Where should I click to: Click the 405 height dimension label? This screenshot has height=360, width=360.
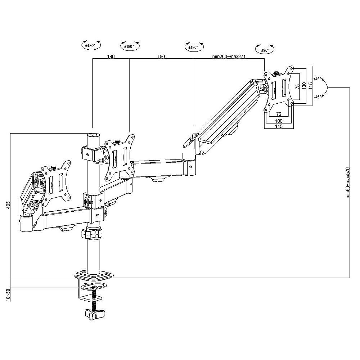[x=8, y=204]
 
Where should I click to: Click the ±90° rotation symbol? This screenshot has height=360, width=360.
[x=265, y=49]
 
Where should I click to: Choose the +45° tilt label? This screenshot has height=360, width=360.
[x=317, y=79]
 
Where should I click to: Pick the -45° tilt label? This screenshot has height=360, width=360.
[x=317, y=97]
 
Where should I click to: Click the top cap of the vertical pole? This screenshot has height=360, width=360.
[x=94, y=135]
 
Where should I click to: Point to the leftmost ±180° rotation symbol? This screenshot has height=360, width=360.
[x=91, y=45]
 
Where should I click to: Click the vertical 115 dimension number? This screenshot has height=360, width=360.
[x=311, y=86]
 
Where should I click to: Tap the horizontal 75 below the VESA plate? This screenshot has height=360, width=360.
[x=279, y=114]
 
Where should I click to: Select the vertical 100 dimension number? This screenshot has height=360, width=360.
[x=304, y=86]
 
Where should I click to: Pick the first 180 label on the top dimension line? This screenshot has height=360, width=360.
[x=111, y=57]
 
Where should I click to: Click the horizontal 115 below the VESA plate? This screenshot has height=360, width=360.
[x=279, y=126]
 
